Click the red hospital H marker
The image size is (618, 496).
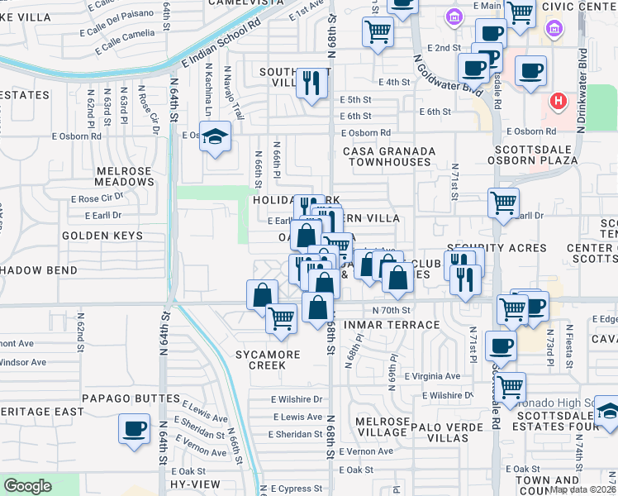pos(559,102)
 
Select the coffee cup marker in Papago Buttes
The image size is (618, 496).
pos(134,429)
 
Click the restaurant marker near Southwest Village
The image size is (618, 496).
pos(311,83)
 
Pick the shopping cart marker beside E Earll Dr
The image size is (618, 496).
pos(502,202)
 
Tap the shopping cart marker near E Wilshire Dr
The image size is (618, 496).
pos(511,385)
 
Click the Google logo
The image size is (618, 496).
pos(27,486)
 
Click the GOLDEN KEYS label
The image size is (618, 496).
pos(102,236)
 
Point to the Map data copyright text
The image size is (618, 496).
pos(582,489)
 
